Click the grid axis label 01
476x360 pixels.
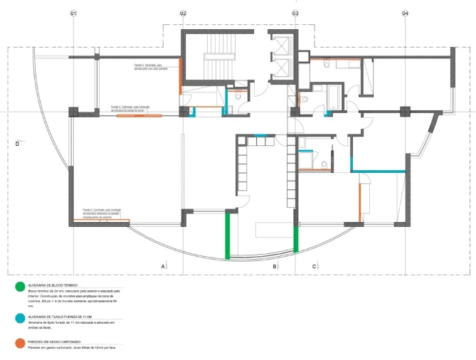[x=73, y=14]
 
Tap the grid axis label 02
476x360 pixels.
[x=183, y=14]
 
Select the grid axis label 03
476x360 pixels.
[x=295, y=14]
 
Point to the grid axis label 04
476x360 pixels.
[x=405, y=14]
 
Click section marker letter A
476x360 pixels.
[x=163, y=266]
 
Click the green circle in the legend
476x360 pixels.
[x=18, y=287]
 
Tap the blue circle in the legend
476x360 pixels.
[x=18, y=317]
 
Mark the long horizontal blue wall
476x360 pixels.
[x=378, y=170]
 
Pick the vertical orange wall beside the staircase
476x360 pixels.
[x=180, y=75]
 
